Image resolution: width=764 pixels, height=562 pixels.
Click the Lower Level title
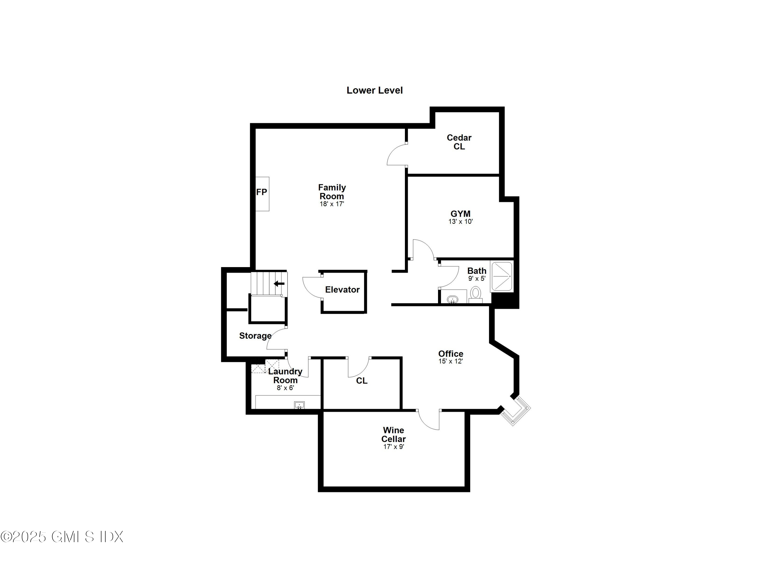pos(375,90)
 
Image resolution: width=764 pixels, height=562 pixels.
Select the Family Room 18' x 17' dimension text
pos(332,204)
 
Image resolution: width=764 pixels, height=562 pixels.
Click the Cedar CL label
pos(459,142)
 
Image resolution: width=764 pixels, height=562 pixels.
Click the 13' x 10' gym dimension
pos(460,221)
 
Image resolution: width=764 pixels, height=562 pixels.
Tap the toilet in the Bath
pos(475,294)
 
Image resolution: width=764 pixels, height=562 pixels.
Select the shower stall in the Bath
pos(502,276)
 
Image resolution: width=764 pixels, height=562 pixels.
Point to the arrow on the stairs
pos(279,283)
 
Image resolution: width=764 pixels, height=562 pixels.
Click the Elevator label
pos(342,290)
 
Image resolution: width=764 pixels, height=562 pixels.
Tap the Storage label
pos(255,336)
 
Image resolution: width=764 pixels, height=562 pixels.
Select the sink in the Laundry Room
pos(299,405)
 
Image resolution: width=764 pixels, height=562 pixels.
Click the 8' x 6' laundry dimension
pos(285,388)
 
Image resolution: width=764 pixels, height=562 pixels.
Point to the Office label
pos(451,354)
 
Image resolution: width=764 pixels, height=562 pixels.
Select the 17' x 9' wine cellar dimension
pos(393,447)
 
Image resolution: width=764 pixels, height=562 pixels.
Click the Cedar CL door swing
pos(397,154)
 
